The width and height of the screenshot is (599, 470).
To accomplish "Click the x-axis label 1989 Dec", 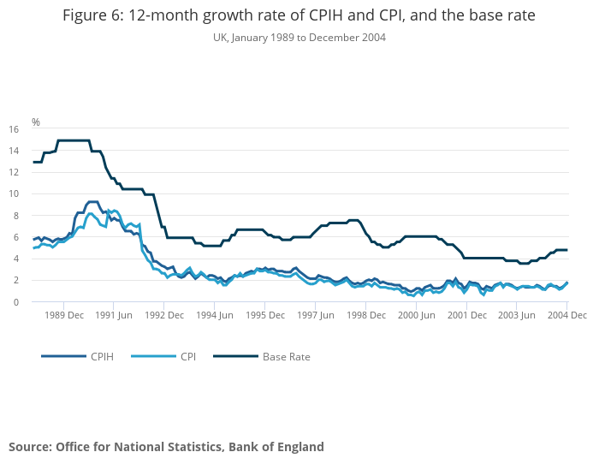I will tap(64, 315).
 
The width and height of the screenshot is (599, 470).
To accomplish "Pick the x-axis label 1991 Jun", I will tap(114, 315).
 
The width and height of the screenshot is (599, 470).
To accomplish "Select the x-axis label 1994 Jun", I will tap(215, 315).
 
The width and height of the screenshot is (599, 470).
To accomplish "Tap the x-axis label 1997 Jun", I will tap(315, 315).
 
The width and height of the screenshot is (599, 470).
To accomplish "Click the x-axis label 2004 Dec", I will tap(567, 315).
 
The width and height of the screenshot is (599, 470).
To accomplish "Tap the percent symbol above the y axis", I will tap(36, 122).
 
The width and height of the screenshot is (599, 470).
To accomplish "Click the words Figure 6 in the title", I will tap(94, 17).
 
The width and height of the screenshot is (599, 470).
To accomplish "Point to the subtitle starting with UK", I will tap(299, 38).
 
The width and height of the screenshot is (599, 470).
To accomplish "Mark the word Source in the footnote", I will tap(29, 446).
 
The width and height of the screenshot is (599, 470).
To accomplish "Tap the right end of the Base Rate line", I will tap(567, 250).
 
